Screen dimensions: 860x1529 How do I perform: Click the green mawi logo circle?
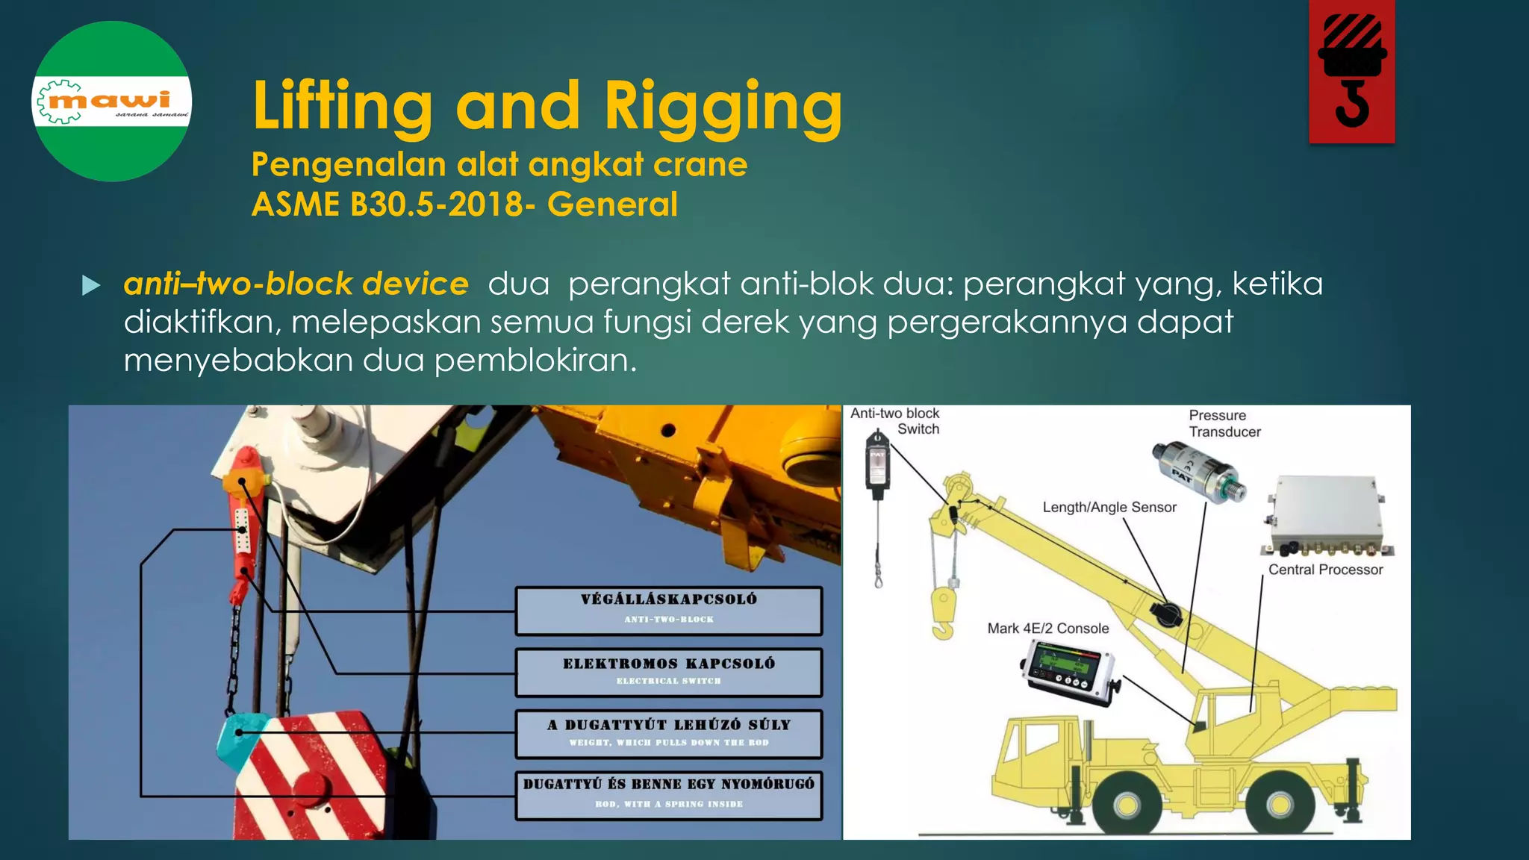coord(112,102)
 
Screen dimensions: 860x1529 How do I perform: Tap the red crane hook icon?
coord(1351,72)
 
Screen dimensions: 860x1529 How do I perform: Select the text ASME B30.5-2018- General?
coord(464,205)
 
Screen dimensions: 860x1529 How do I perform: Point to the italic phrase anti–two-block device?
coord(296,284)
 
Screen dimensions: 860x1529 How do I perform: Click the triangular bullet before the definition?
coord(91,285)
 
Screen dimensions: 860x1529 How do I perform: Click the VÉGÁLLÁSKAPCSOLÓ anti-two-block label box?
coord(669,611)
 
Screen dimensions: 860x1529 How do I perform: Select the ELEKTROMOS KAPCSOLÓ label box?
coord(669,672)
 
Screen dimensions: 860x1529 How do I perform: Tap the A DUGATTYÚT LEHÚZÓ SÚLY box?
coord(669,733)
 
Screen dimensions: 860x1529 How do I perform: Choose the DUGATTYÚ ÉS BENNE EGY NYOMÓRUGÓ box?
coord(669,794)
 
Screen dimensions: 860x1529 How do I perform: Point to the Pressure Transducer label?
coord(1224,423)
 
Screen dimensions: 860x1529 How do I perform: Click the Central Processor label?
coord(1325,570)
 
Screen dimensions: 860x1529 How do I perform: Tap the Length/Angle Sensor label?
coord(1109,508)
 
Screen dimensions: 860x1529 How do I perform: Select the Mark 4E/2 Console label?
coord(1047,629)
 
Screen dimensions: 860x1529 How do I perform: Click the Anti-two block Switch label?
coord(896,421)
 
